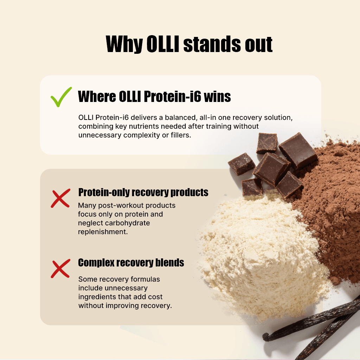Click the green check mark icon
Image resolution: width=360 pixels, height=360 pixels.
[61, 97]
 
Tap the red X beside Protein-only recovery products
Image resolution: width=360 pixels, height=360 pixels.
[60, 198]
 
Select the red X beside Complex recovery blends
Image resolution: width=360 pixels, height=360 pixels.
[60, 269]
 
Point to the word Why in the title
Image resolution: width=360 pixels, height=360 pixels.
[124, 45]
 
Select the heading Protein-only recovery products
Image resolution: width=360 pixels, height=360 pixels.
[143, 192]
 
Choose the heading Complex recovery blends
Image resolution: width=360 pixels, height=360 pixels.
[131, 263]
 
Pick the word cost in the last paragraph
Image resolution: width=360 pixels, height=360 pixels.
[155, 297]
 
